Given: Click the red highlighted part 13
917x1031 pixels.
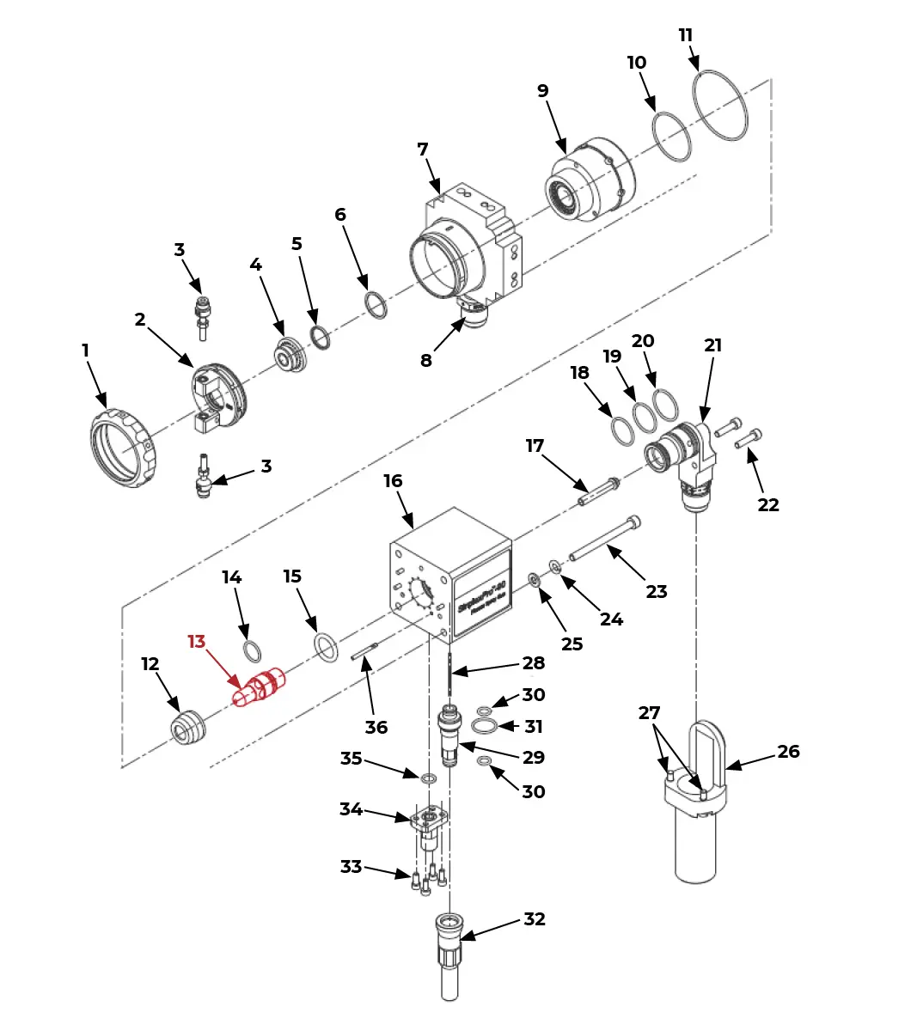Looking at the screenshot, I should point(260,687).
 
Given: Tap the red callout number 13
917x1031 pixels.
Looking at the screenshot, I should point(196,642).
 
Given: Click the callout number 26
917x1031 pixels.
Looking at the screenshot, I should point(788,752).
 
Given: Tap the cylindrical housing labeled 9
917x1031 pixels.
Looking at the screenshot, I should point(590,182).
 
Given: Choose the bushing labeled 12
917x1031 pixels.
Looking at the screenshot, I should point(186,727).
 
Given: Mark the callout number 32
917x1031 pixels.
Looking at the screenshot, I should point(534,919).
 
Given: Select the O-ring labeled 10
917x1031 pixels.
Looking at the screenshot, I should point(672,137).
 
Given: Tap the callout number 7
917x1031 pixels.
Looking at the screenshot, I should point(422,149).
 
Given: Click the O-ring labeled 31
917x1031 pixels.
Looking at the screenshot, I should point(484,727).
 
